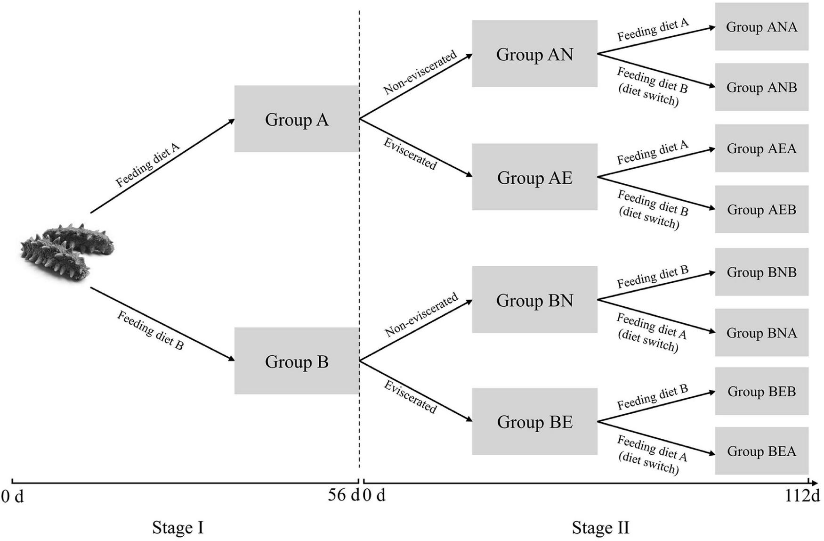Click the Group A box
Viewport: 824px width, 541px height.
297,119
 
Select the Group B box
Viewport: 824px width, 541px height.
297,361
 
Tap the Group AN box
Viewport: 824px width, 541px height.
534,54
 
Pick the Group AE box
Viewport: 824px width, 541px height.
534,177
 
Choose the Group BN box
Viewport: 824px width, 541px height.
534,300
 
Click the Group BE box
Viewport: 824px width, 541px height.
534,421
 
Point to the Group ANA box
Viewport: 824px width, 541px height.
761,27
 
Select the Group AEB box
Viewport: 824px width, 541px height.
761,209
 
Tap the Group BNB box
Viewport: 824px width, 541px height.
761,272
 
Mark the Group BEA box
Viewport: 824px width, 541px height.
761,451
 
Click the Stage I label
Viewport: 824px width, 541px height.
178,527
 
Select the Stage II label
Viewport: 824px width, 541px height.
600,527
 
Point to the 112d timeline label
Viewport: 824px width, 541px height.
802,496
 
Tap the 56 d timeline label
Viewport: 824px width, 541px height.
343,496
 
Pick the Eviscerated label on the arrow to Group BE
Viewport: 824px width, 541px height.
410,397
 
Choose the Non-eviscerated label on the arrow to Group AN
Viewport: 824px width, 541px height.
420,72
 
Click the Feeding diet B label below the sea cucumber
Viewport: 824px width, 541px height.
150,330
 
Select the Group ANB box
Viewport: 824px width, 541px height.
761,87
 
